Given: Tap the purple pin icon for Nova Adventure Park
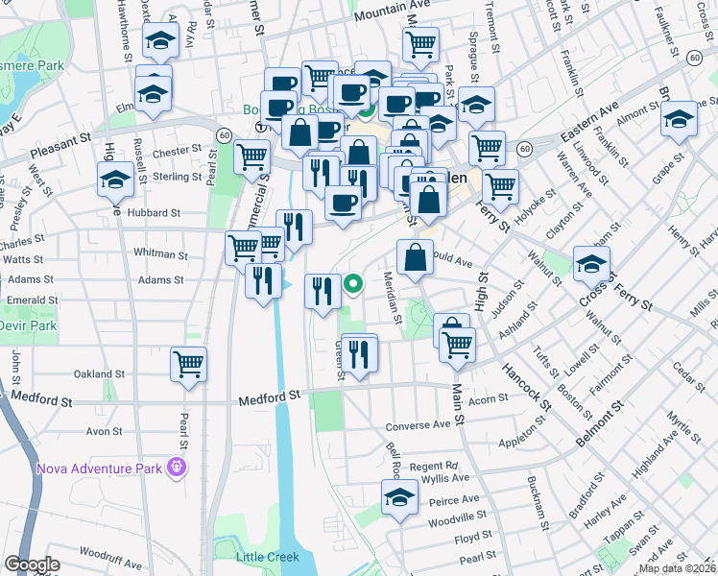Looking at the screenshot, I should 177,468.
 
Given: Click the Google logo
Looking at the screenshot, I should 32,564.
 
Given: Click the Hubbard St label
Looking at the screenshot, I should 155,213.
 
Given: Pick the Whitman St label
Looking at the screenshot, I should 160,254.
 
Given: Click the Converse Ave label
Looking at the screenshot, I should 418,425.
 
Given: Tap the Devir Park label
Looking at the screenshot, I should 30,326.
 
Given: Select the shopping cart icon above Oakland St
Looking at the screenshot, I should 189,363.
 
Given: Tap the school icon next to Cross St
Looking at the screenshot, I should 591,262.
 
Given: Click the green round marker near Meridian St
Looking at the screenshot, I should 353,283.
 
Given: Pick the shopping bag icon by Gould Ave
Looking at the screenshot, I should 416,257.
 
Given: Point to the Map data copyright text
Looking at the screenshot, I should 678,568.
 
